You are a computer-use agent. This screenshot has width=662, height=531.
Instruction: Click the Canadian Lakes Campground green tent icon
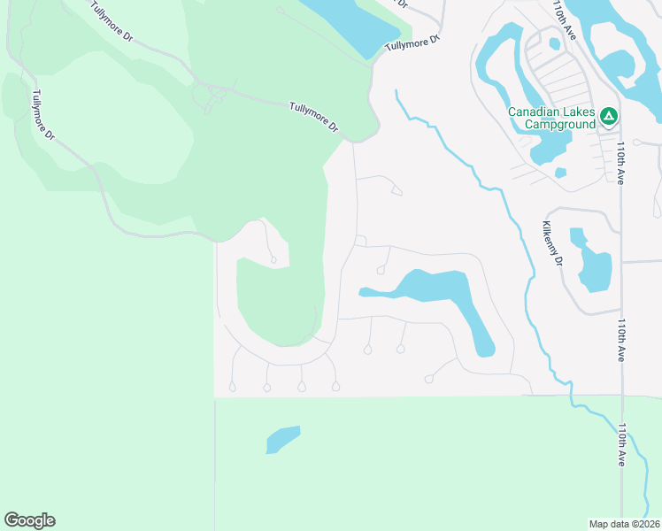coord(608,115)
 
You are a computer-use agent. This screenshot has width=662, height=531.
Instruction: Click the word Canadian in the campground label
coord(540,112)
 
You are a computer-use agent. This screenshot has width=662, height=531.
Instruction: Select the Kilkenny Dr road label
coord(553,243)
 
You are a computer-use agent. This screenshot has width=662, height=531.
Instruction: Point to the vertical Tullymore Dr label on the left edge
coord(43,115)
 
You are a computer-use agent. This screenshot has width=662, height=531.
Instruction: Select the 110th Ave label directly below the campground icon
coord(622,162)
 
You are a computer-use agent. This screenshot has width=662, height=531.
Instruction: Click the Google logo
coord(29,520)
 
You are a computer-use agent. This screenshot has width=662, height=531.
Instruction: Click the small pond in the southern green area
coord(282,439)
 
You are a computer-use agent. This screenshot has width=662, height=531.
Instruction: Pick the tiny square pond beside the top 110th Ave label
coord(554,42)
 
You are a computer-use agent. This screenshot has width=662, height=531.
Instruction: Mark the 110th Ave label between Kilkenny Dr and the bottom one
coord(622,340)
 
